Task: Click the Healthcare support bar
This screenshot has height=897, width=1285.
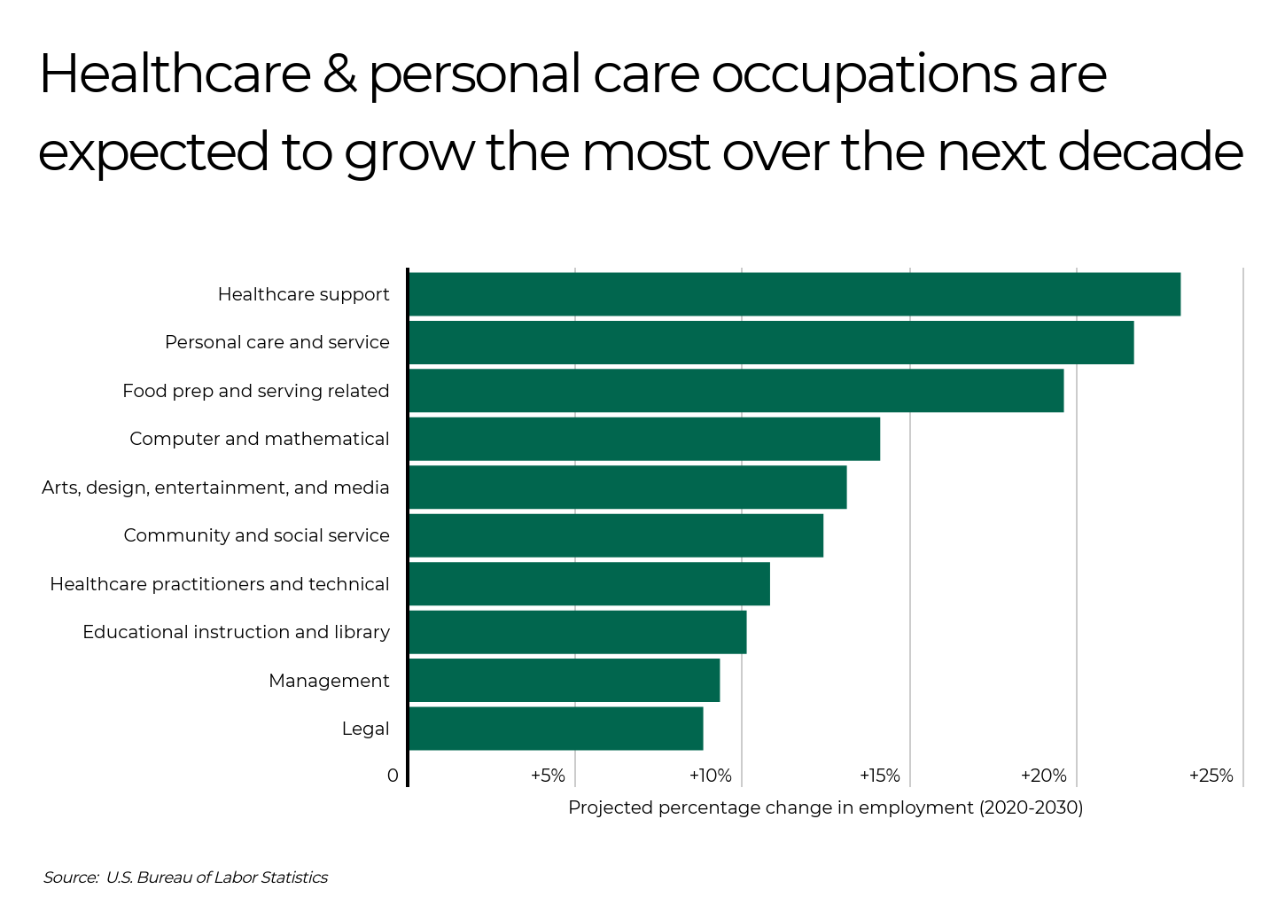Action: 794,294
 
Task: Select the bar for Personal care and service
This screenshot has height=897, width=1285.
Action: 771,342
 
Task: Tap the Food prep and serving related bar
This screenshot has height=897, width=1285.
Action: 736,391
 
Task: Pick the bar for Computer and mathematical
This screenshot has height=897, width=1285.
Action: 644,439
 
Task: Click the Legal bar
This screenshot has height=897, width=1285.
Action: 556,729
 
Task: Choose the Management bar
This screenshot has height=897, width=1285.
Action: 564,681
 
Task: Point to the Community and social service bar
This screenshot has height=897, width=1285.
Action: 616,535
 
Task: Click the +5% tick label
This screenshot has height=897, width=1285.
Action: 548,776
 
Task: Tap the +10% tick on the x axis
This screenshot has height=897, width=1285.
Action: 711,776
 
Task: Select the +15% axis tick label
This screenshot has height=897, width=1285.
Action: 879,776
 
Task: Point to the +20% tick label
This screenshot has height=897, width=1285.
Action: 1044,776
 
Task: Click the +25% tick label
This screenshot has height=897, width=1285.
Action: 1211,776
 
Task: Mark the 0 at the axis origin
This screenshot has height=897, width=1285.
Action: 393,776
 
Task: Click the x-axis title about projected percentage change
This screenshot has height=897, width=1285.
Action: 825,807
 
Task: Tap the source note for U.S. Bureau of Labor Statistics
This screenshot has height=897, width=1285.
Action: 185,877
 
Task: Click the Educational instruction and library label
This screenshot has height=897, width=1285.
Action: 236,632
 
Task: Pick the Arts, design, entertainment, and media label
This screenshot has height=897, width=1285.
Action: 215,487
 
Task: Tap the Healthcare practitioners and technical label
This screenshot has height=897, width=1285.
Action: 220,584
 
